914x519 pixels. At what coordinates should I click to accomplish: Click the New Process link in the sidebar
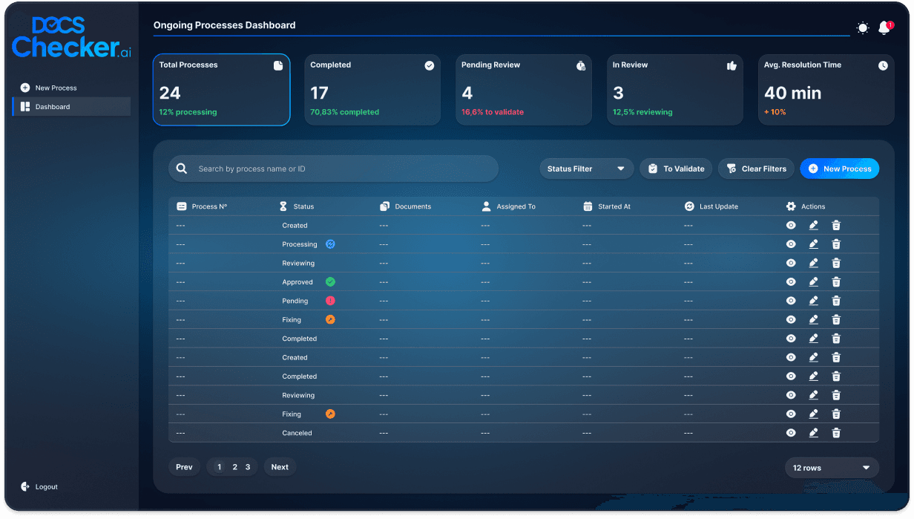pos(56,88)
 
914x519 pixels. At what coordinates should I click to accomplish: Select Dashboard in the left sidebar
pos(52,107)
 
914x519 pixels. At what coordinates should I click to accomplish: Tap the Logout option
pos(46,487)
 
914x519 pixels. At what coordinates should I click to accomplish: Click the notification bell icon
pos(884,28)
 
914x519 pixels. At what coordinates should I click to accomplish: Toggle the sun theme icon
pos(862,28)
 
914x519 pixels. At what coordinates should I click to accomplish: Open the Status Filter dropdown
pos(586,169)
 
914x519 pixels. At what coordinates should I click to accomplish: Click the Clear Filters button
pos(756,169)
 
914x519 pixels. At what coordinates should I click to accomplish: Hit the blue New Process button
pos(839,169)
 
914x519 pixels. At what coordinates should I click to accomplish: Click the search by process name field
pos(334,169)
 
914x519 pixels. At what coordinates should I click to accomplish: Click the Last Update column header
pos(718,206)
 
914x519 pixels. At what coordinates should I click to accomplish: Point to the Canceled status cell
pos(297,433)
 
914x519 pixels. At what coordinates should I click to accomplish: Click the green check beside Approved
pos(330,282)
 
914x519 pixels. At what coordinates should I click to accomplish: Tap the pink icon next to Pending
pos(330,301)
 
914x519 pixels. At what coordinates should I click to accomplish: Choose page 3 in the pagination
pos(248,467)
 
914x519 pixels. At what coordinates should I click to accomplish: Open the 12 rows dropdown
pos(831,468)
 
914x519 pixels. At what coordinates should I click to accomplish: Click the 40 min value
pos(792,93)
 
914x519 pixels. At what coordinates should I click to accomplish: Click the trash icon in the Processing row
pos(836,244)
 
